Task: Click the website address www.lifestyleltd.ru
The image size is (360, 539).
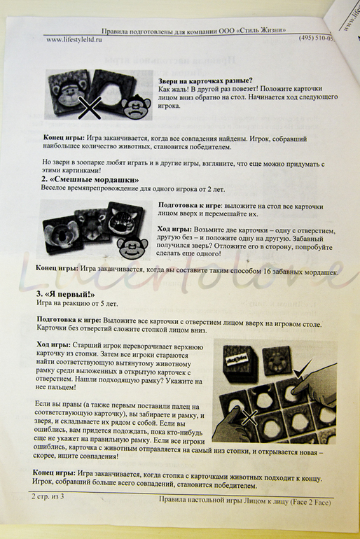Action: pos(74,39)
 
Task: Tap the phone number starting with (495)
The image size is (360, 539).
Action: pos(316,38)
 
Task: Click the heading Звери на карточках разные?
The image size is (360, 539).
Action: pos(205,81)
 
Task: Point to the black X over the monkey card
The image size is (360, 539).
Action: pos(90,108)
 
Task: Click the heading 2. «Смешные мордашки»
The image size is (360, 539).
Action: pos(90,180)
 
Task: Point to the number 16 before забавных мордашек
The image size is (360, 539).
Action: pos(267,272)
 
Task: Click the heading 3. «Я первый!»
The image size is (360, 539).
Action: pos(65,295)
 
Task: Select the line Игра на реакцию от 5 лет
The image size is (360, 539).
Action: pos(77,304)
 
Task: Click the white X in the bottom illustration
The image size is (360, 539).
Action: pos(249,417)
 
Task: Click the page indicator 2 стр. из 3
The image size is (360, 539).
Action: pos(48,496)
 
